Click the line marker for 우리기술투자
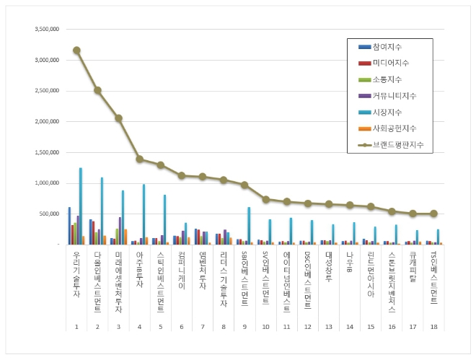(x=76, y=51)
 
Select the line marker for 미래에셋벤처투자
(x=118, y=118)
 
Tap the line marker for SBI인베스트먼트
(x=244, y=185)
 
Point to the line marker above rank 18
(x=433, y=214)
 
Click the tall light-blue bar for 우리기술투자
(x=81, y=206)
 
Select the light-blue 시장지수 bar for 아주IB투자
(x=144, y=214)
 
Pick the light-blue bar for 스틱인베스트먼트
(x=164, y=219)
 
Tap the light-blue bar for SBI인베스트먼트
(x=249, y=226)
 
